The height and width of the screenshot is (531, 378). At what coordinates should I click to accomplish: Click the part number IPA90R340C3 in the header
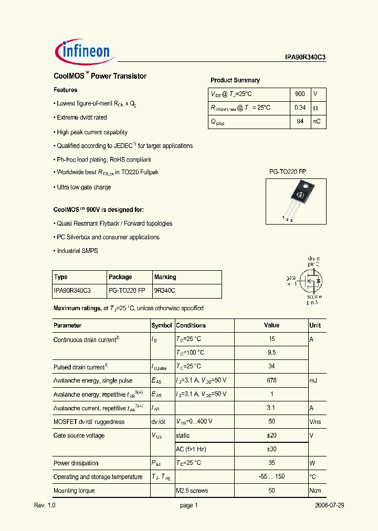click(x=302, y=58)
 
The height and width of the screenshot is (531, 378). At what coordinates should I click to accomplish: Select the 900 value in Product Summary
click(x=300, y=94)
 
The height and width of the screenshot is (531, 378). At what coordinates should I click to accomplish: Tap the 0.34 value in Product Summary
click(x=300, y=108)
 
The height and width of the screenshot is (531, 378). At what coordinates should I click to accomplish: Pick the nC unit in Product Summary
click(x=317, y=121)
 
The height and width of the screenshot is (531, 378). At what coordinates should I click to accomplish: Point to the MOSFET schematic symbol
click(x=310, y=281)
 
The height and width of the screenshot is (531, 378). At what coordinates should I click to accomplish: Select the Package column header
click(x=120, y=277)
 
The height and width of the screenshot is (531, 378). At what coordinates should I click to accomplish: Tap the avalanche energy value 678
click(x=271, y=380)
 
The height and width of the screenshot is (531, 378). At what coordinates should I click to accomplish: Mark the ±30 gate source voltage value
click(x=271, y=449)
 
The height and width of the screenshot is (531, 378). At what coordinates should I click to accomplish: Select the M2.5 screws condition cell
click(x=192, y=491)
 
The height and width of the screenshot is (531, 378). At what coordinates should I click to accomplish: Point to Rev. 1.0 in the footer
click(x=45, y=505)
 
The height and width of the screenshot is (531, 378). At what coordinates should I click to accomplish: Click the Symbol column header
click(x=162, y=325)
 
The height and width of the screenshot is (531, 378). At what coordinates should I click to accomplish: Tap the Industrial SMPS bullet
click(x=77, y=251)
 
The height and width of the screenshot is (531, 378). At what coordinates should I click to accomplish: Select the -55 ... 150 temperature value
click(x=271, y=477)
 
